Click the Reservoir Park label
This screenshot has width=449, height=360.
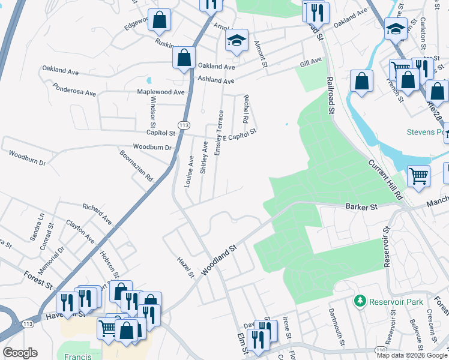pos(396,302)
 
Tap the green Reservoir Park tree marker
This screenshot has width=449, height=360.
pos(360,301)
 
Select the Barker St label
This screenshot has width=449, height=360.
pos(361,207)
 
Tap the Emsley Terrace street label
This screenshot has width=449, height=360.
pos(219,133)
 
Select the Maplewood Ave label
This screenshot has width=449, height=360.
pos(161,92)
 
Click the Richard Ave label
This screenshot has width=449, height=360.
pos(97,214)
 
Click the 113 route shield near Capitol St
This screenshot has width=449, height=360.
pos(184,125)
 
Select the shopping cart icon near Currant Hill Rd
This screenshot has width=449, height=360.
pos(418,176)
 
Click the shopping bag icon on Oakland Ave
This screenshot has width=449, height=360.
pos(184,58)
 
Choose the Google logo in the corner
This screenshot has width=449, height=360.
pos(20,353)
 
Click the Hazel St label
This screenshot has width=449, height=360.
pos(186,268)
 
